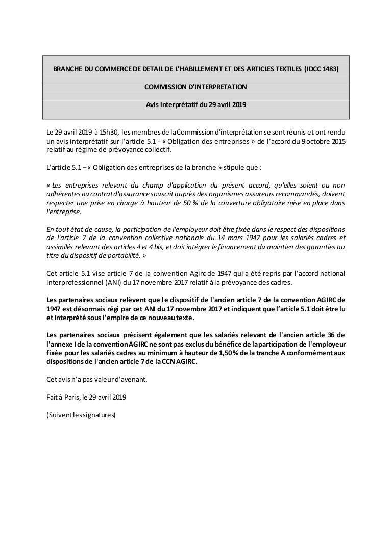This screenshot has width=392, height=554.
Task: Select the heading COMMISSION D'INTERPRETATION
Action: tap(195, 87)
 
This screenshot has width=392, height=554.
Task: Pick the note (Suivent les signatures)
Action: tap(81, 414)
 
